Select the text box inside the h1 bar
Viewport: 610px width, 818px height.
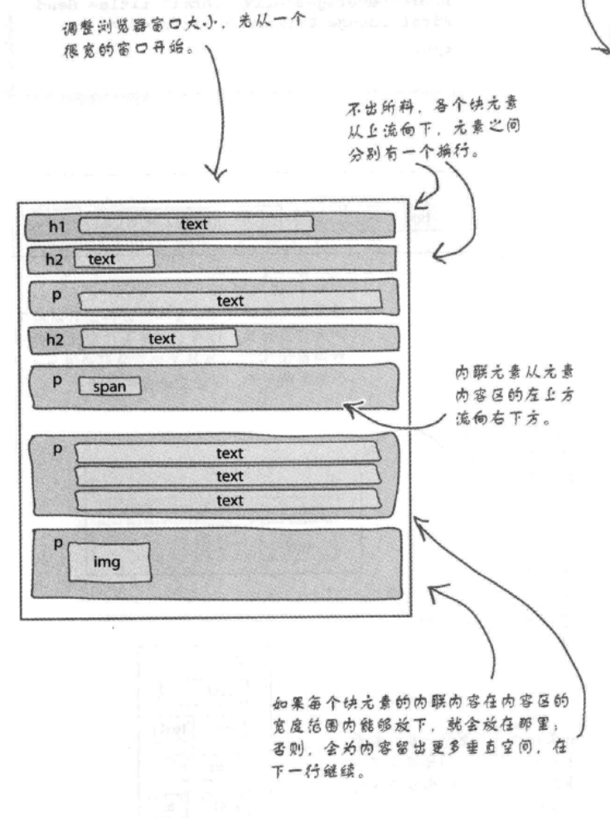coord(196,224)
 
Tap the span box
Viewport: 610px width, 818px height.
coord(109,387)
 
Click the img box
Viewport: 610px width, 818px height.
coord(109,562)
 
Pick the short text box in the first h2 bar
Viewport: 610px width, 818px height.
coord(114,259)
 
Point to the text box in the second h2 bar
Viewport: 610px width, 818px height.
coord(159,338)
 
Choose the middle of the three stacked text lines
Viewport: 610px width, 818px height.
coord(228,476)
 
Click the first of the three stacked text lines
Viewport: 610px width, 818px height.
coord(228,453)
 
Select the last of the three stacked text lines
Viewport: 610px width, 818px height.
coord(228,500)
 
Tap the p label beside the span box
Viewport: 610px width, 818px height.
coord(56,382)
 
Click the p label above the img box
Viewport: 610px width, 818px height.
coord(57,543)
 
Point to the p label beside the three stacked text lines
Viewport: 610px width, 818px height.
coord(56,448)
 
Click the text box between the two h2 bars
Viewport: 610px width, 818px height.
coord(230,300)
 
